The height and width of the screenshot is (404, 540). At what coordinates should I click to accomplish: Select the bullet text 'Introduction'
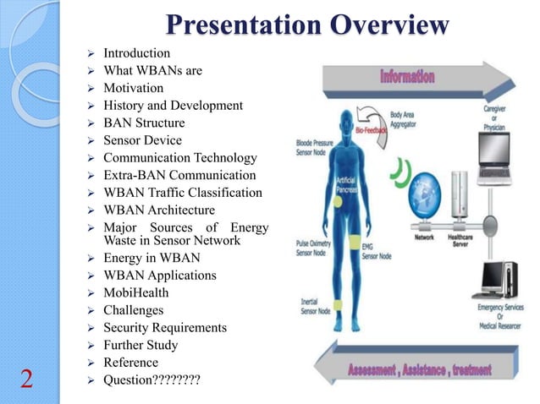136,53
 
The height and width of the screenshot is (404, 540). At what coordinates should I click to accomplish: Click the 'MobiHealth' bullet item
135,292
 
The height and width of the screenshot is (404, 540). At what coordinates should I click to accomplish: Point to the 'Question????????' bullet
152,379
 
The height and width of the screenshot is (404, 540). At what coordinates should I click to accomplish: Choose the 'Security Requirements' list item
164,327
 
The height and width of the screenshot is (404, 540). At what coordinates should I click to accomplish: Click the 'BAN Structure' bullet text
142,123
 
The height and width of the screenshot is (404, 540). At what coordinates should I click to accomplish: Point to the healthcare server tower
462,204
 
